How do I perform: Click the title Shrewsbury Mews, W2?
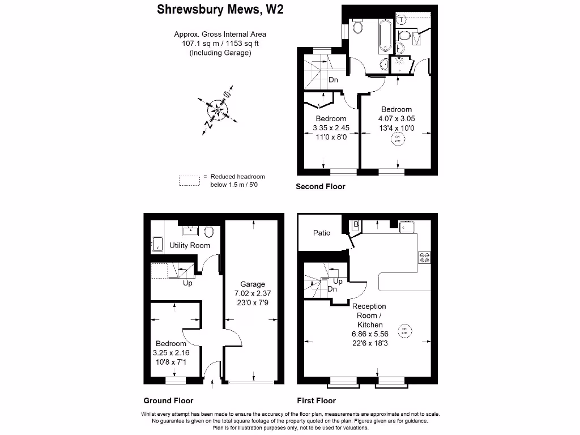pos(219,10)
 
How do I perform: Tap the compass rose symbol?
pos(217,109)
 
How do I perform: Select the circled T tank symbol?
pos(402,20)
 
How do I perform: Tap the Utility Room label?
pos(190,245)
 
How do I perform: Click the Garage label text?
pos(252,284)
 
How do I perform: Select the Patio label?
pos(321,233)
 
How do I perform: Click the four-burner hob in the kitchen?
pos(424,258)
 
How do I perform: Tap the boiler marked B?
pos(356,225)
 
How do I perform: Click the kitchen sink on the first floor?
pos(407,227)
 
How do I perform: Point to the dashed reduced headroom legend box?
pos(189,181)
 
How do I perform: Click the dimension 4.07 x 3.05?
pos(396,119)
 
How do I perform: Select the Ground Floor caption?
pos(168,400)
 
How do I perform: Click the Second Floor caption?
pos(321,186)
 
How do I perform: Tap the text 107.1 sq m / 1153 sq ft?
pos(220,44)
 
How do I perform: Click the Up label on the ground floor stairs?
pos(187,283)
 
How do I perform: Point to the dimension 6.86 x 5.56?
pos(370,334)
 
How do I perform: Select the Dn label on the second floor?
pos(333,80)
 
